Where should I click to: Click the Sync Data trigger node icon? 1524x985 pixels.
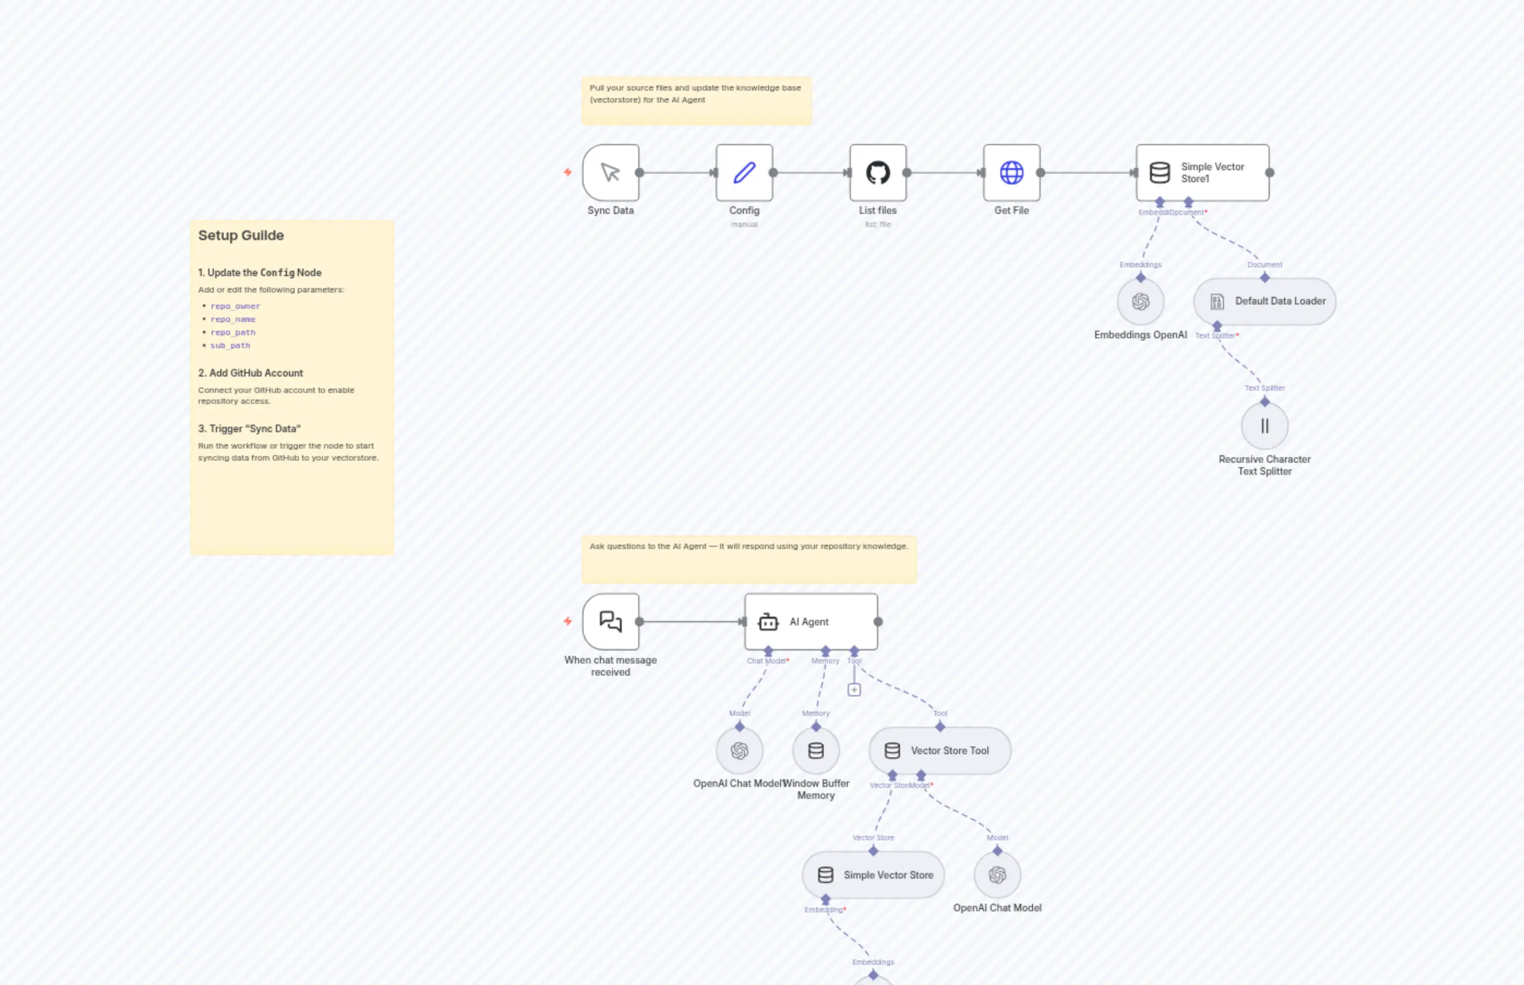pyautogui.click(x=610, y=172)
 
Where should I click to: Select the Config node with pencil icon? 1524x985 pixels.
pyautogui.click(x=744, y=172)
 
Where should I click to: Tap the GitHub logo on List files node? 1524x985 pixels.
pyautogui.click(x=878, y=172)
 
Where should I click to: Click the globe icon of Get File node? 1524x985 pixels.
pyautogui.click(x=1011, y=172)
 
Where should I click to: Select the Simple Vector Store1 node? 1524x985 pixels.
pyautogui.click(x=1202, y=172)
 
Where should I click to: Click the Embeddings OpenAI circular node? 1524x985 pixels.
pyautogui.click(x=1141, y=302)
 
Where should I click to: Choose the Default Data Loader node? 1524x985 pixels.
pyautogui.click(x=1264, y=301)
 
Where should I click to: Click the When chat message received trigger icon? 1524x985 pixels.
pyautogui.click(x=610, y=622)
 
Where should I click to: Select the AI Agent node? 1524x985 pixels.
pyautogui.click(x=811, y=622)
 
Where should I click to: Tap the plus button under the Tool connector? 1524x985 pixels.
pyautogui.click(x=854, y=690)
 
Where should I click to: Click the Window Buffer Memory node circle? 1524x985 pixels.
pyautogui.click(x=815, y=751)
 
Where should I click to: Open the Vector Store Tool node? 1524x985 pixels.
pyautogui.click(x=940, y=751)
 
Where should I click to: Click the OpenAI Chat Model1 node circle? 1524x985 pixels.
pyautogui.click(x=740, y=751)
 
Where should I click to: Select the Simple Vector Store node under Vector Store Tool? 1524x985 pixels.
pyautogui.click(x=873, y=875)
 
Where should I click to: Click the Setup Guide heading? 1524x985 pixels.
pyautogui.click(x=241, y=235)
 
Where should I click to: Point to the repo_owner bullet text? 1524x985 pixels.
pyautogui.click(x=235, y=306)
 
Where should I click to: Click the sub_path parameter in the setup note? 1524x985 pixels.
pyautogui.click(x=230, y=345)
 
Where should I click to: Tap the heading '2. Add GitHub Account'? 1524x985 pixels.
pyautogui.click(x=250, y=373)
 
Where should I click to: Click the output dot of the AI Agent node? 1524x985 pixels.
pyautogui.click(x=878, y=622)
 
